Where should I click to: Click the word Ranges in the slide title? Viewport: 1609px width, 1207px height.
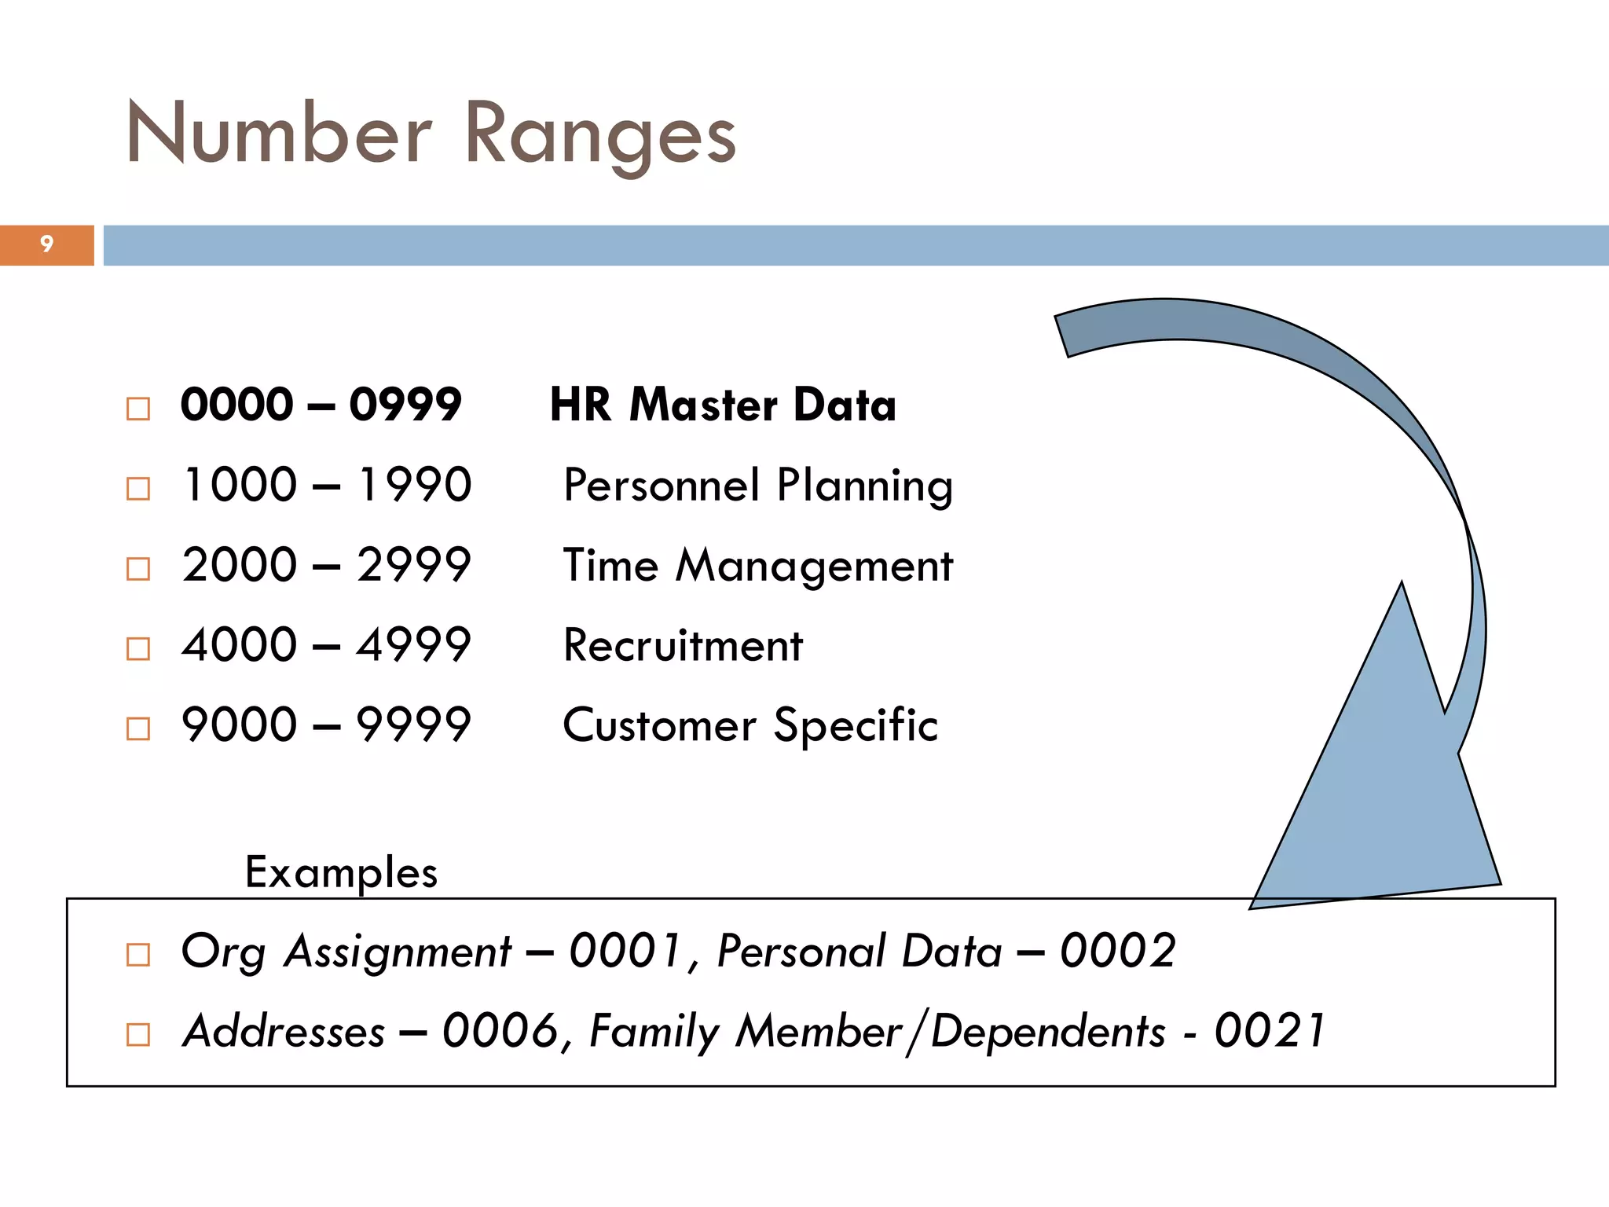coord(601,135)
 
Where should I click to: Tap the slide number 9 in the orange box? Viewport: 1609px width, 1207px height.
coord(47,244)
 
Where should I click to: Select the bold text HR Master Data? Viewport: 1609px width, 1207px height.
coord(723,405)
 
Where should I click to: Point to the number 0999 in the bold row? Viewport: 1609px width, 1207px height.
coord(405,405)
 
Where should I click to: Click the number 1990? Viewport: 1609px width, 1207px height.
coord(414,485)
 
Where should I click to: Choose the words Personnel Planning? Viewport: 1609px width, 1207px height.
coord(758,486)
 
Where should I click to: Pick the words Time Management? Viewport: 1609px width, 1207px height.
coord(758,566)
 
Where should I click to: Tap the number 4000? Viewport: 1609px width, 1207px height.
coord(240,645)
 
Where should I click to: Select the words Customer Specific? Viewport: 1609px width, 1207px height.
coord(750,725)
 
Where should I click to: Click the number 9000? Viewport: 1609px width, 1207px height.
coord(240,725)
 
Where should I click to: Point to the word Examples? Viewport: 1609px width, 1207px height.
coord(341,872)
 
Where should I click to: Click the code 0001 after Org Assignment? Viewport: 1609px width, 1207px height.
coord(625,952)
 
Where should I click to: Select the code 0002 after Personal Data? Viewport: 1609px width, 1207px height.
coord(1117,952)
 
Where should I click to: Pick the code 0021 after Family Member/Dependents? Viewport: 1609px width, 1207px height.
coord(1270,1032)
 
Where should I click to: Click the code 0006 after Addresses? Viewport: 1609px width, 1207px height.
coord(501,1032)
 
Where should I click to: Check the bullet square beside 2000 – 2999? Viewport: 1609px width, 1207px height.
coord(138,568)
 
